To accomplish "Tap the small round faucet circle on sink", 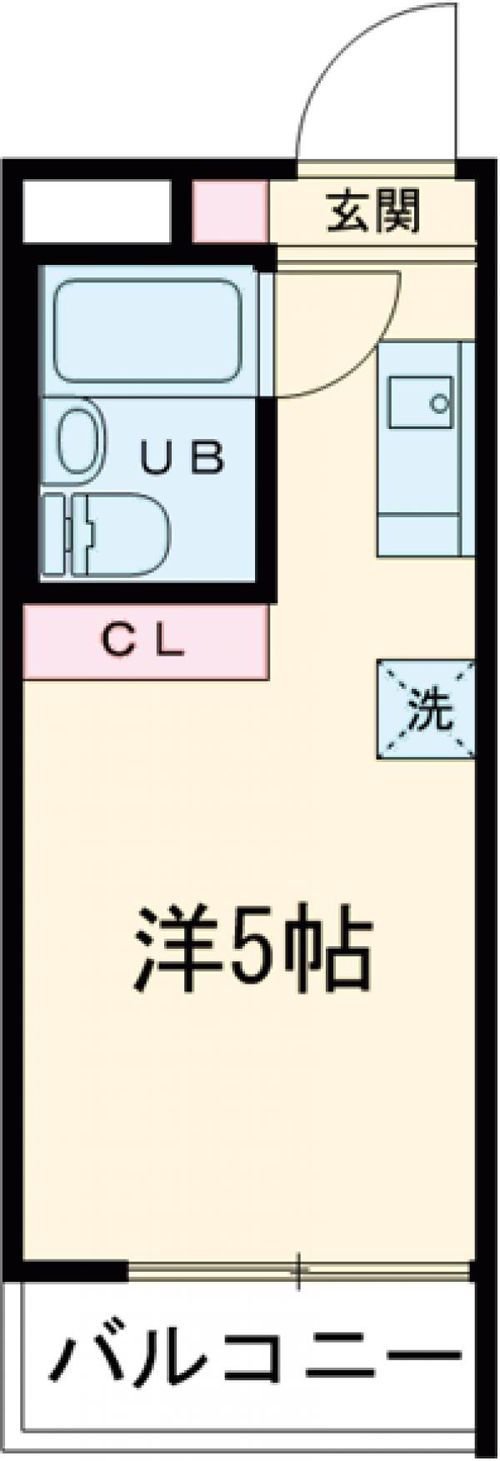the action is [438, 404].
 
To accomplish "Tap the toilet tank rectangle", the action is [55, 535].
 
